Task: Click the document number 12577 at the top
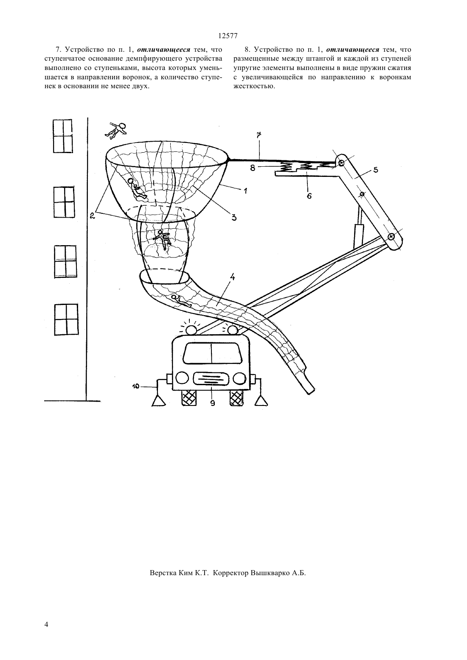(228, 36)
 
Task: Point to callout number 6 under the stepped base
(309, 196)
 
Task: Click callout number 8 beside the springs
(253, 168)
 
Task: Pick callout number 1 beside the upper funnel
(245, 191)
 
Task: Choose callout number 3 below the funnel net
(233, 218)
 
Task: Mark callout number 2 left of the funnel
(92, 216)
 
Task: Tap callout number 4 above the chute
(232, 277)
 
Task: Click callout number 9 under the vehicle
(213, 403)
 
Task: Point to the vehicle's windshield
(212, 353)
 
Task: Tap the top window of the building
(62, 136)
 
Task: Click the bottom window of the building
(67, 320)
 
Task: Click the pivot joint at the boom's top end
(341, 163)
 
